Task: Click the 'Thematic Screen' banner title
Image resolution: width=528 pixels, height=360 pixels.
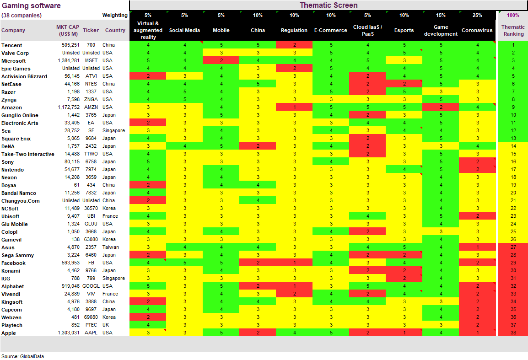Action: click(329, 5)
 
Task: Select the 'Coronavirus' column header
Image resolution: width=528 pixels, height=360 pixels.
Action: click(477, 31)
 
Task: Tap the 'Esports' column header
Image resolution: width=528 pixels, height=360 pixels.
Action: click(404, 31)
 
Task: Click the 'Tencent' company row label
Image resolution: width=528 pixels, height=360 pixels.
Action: click(12, 45)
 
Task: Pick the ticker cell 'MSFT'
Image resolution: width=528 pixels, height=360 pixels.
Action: click(91, 61)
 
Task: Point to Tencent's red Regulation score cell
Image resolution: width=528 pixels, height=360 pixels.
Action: click(294, 45)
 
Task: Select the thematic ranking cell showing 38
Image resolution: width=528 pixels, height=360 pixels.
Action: click(513, 333)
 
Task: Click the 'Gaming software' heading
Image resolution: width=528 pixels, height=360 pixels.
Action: click(31, 6)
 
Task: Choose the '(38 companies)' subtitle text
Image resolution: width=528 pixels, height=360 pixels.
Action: click(22, 16)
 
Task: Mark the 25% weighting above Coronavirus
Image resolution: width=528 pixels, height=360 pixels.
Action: click(477, 15)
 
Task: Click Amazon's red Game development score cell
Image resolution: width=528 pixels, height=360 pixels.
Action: click(441, 107)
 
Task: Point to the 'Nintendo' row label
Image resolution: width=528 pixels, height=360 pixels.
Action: click(13, 170)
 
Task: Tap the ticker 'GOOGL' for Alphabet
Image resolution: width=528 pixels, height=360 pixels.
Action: click(91, 286)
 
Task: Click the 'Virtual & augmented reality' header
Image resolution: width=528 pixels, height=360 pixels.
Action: click(148, 30)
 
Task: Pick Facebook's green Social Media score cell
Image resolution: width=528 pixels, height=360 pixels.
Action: click(184, 263)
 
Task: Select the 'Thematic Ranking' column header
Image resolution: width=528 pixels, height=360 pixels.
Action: click(513, 31)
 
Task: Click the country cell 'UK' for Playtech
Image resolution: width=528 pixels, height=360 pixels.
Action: click(106, 325)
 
